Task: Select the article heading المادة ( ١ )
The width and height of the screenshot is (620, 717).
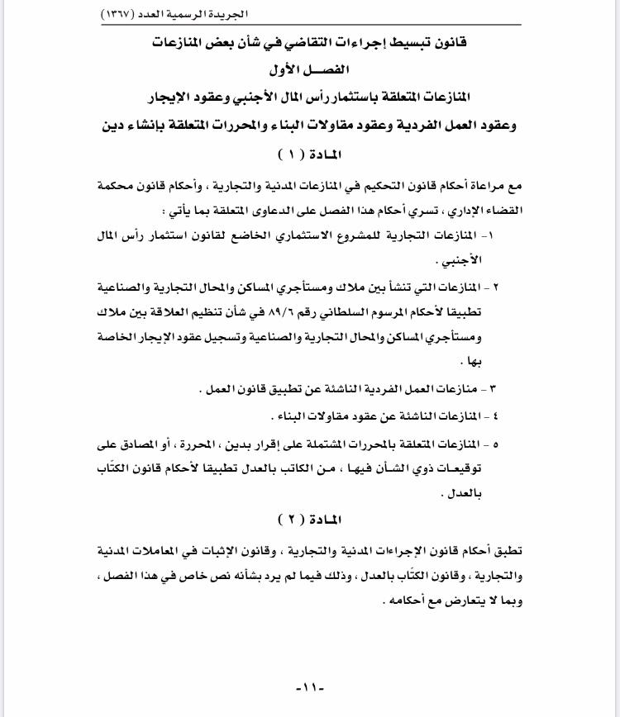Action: (310, 154)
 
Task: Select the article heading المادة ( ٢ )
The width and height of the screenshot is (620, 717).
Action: (310, 520)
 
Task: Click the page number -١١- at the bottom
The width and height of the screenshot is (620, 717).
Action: (310, 688)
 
